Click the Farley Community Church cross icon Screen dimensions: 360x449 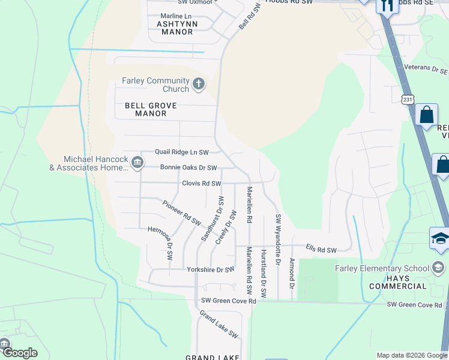point(199,83)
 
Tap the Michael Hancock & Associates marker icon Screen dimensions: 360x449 point(137,162)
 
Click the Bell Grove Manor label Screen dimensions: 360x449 point(151,109)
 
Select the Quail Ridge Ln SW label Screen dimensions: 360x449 point(182,152)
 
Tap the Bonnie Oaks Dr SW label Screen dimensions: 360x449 point(188,168)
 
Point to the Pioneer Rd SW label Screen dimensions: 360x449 point(181,213)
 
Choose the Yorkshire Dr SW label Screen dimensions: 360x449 point(210,269)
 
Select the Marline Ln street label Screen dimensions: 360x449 point(175,16)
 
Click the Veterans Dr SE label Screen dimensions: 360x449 point(426,70)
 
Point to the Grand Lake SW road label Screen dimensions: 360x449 point(219,325)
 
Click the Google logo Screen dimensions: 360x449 point(20,353)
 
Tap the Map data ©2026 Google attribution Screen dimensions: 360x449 point(411,355)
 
